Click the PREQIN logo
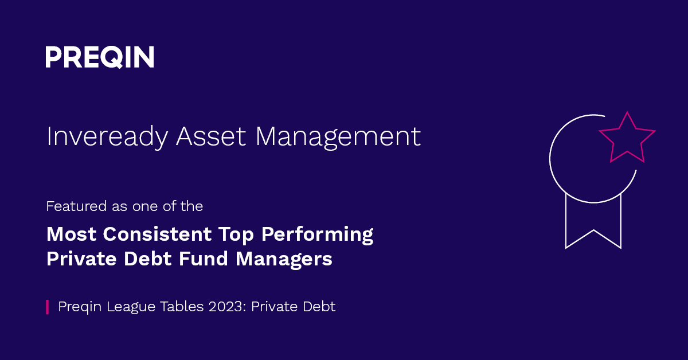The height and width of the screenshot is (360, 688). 100,57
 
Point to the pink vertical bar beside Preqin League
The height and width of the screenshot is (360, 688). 48,307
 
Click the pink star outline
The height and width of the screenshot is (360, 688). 627,138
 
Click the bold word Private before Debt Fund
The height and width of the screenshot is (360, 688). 80,259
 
